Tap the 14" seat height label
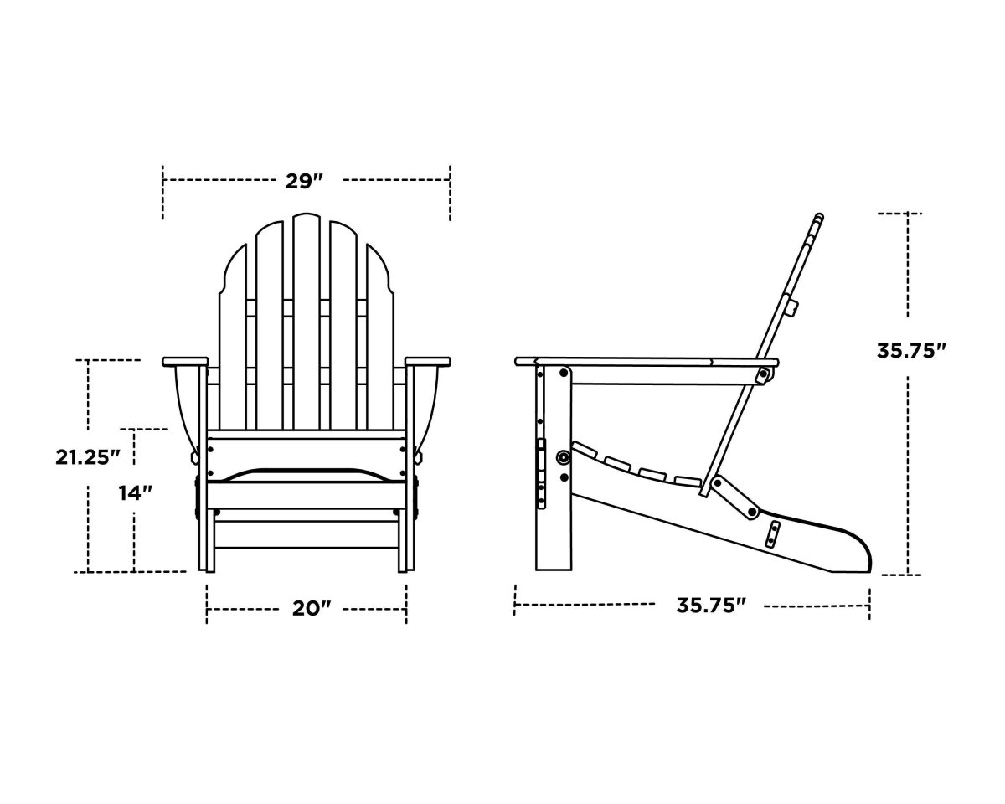point(134,493)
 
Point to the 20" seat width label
point(307,608)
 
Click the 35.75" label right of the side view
point(911,351)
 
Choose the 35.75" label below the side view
point(711,605)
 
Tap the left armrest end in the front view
point(184,362)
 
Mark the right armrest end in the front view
point(428,362)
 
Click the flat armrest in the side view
point(645,362)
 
